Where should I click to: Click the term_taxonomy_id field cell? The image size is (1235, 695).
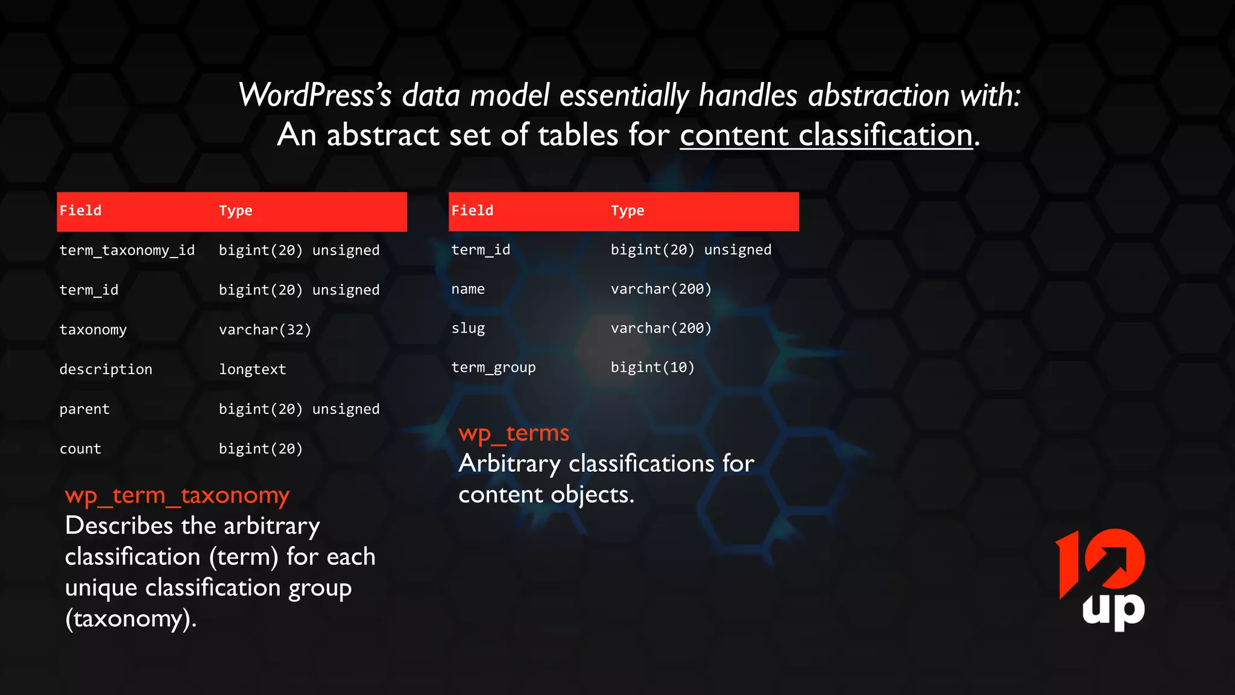(127, 250)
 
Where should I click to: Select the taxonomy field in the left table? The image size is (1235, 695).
(93, 330)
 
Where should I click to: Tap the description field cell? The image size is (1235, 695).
(106, 369)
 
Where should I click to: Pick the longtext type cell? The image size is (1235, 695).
(252, 369)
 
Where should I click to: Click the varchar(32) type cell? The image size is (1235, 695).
(265, 330)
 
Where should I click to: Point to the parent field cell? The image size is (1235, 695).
(84, 409)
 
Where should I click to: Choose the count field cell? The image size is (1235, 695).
(80, 449)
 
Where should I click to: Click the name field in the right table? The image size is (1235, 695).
(468, 289)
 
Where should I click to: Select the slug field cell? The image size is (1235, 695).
(468, 328)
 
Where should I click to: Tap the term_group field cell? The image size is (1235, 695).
(493, 367)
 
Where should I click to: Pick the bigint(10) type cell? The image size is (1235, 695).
(652, 367)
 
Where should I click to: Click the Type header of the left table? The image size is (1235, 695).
(235, 211)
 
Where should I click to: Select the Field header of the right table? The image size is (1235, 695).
(472, 211)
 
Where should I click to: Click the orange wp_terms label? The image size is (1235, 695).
(513, 433)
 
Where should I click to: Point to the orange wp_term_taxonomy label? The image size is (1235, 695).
(177, 495)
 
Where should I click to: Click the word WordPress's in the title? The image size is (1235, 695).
(315, 95)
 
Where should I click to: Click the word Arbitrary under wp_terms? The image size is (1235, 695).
(510, 463)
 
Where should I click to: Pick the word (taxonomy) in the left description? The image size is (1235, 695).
(130, 619)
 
